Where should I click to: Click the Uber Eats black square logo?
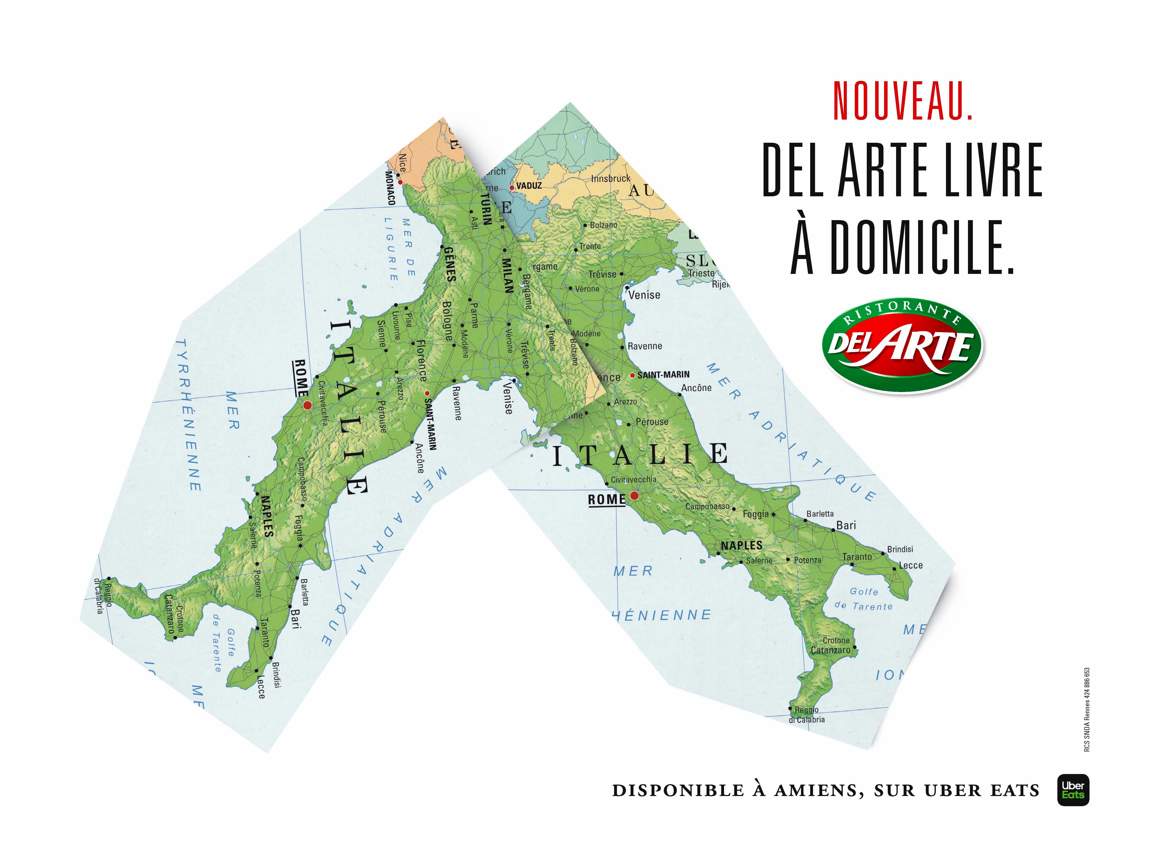[x=1073, y=790]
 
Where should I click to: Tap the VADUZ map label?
[x=529, y=186]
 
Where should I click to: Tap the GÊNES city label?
[x=450, y=264]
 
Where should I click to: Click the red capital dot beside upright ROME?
[x=634, y=495]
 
